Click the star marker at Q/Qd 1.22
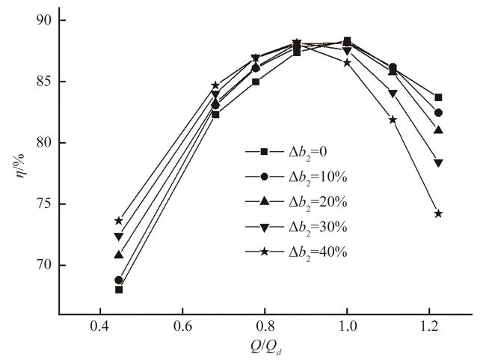tap(438, 213)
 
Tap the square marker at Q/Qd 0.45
tap(119, 290)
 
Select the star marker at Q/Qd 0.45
tap(119, 221)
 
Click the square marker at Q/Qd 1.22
tap(438, 97)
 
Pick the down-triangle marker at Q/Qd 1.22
tap(438, 163)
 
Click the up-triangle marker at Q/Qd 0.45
tap(119, 254)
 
